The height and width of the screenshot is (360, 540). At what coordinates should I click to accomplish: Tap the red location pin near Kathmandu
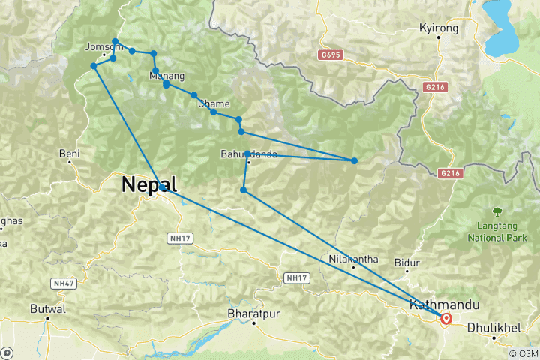pos(446,319)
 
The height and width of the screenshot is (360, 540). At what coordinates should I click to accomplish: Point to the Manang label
pos(166,76)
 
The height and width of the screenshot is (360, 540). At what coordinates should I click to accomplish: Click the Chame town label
pos(214,103)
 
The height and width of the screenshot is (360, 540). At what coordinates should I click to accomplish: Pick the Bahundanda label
pos(249,154)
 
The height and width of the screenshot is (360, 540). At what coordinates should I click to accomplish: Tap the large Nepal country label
pos(150,184)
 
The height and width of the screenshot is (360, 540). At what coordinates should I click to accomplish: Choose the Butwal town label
pos(48,308)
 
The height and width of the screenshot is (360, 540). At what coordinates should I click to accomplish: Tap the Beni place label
pos(69,154)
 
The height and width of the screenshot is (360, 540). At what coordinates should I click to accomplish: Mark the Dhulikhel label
pos(493,328)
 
